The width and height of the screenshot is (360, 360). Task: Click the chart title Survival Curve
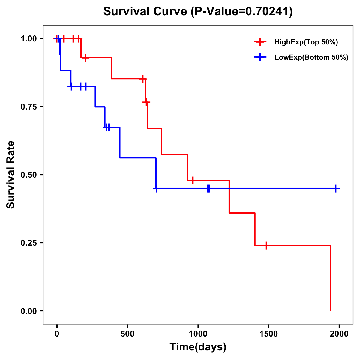(x=198, y=11)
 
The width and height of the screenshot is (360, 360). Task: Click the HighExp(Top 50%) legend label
(x=306, y=42)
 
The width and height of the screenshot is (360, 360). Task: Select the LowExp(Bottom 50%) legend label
(x=311, y=58)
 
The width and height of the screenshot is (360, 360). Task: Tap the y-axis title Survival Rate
(x=11, y=175)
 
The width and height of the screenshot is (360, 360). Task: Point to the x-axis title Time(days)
(x=198, y=347)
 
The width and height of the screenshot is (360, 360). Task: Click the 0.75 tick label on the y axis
(x=28, y=106)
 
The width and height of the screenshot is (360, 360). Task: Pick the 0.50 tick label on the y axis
(x=28, y=175)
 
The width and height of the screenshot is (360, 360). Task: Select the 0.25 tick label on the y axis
(x=28, y=243)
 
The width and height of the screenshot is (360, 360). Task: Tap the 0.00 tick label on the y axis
(x=28, y=311)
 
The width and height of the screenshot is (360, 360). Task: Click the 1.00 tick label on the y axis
(x=28, y=38)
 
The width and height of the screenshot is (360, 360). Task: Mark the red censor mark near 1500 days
(x=266, y=245)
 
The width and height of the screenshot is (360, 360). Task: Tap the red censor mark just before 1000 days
(x=193, y=180)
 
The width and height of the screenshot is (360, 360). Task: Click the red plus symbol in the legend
(x=260, y=42)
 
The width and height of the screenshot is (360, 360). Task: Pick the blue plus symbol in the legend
(x=260, y=57)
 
